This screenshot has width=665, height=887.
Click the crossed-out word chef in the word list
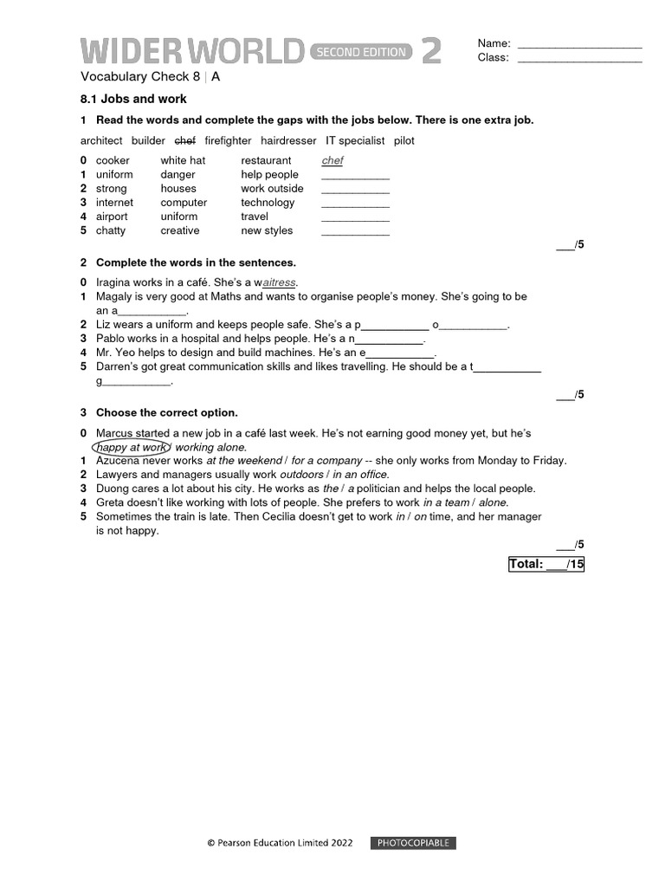tap(185, 140)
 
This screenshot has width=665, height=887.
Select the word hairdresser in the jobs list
tap(288, 140)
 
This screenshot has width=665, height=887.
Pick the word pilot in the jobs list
tap(404, 140)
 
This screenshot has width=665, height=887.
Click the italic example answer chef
tap(332, 161)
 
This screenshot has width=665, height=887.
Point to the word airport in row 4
tap(112, 217)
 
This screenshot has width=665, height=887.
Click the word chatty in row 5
tap(111, 230)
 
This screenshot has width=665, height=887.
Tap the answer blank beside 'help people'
tap(355, 177)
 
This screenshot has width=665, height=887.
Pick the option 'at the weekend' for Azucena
tap(244, 461)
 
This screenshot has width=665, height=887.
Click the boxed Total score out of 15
tap(546, 565)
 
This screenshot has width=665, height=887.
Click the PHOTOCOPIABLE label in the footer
tap(413, 843)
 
